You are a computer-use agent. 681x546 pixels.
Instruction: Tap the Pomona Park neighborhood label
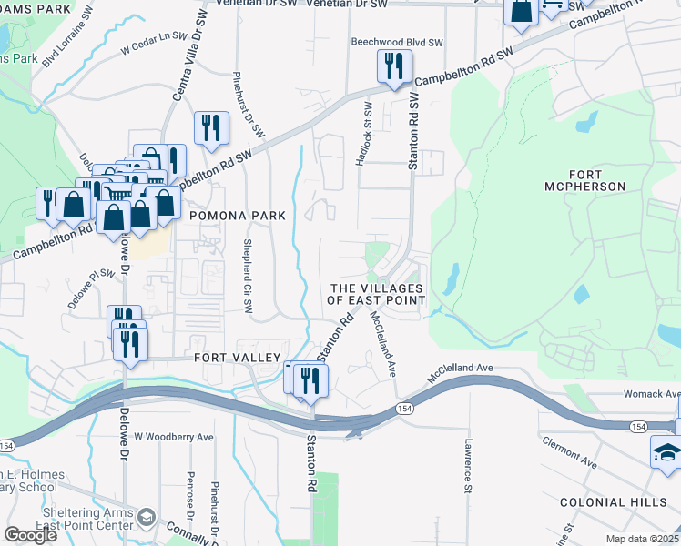(x=237, y=216)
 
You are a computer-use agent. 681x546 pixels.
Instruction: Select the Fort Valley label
(x=235, y=358)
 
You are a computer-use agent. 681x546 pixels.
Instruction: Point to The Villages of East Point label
(x=375, y=294)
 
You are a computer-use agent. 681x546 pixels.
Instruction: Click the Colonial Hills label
(x=619, y=502)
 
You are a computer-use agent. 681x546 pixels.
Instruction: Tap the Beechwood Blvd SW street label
(x=397, y=43)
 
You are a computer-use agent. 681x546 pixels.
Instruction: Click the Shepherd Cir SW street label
(x=247, y=274)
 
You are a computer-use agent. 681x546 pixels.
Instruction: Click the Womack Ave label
(x=652, y=394)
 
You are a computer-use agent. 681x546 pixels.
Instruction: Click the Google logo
(x=29, y=534)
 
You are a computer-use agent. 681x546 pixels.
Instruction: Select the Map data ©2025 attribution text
(x=642, y=539)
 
